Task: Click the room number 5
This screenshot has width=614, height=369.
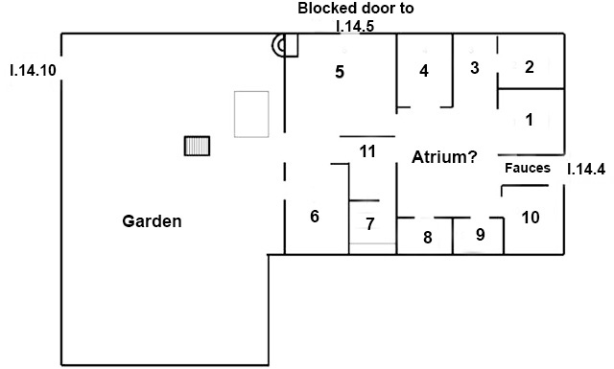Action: [340, 71]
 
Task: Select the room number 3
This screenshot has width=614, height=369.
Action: [474, 67]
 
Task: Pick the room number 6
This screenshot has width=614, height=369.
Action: [314, 217]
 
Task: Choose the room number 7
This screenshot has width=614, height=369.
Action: [369, 225]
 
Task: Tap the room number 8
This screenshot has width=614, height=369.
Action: [428, 236]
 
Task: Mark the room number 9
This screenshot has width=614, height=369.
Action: [481, 233]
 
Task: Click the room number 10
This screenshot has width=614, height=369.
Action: [530, 217]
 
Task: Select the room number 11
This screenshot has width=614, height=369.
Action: [367, 151]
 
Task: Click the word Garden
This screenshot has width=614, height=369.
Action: [152, 221]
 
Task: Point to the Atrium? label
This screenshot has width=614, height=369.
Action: [445, 156]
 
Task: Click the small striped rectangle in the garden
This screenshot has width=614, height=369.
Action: [197, 145]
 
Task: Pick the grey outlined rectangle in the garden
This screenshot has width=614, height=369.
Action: [251, 113]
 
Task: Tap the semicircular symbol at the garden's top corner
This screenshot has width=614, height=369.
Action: [279, 44]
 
